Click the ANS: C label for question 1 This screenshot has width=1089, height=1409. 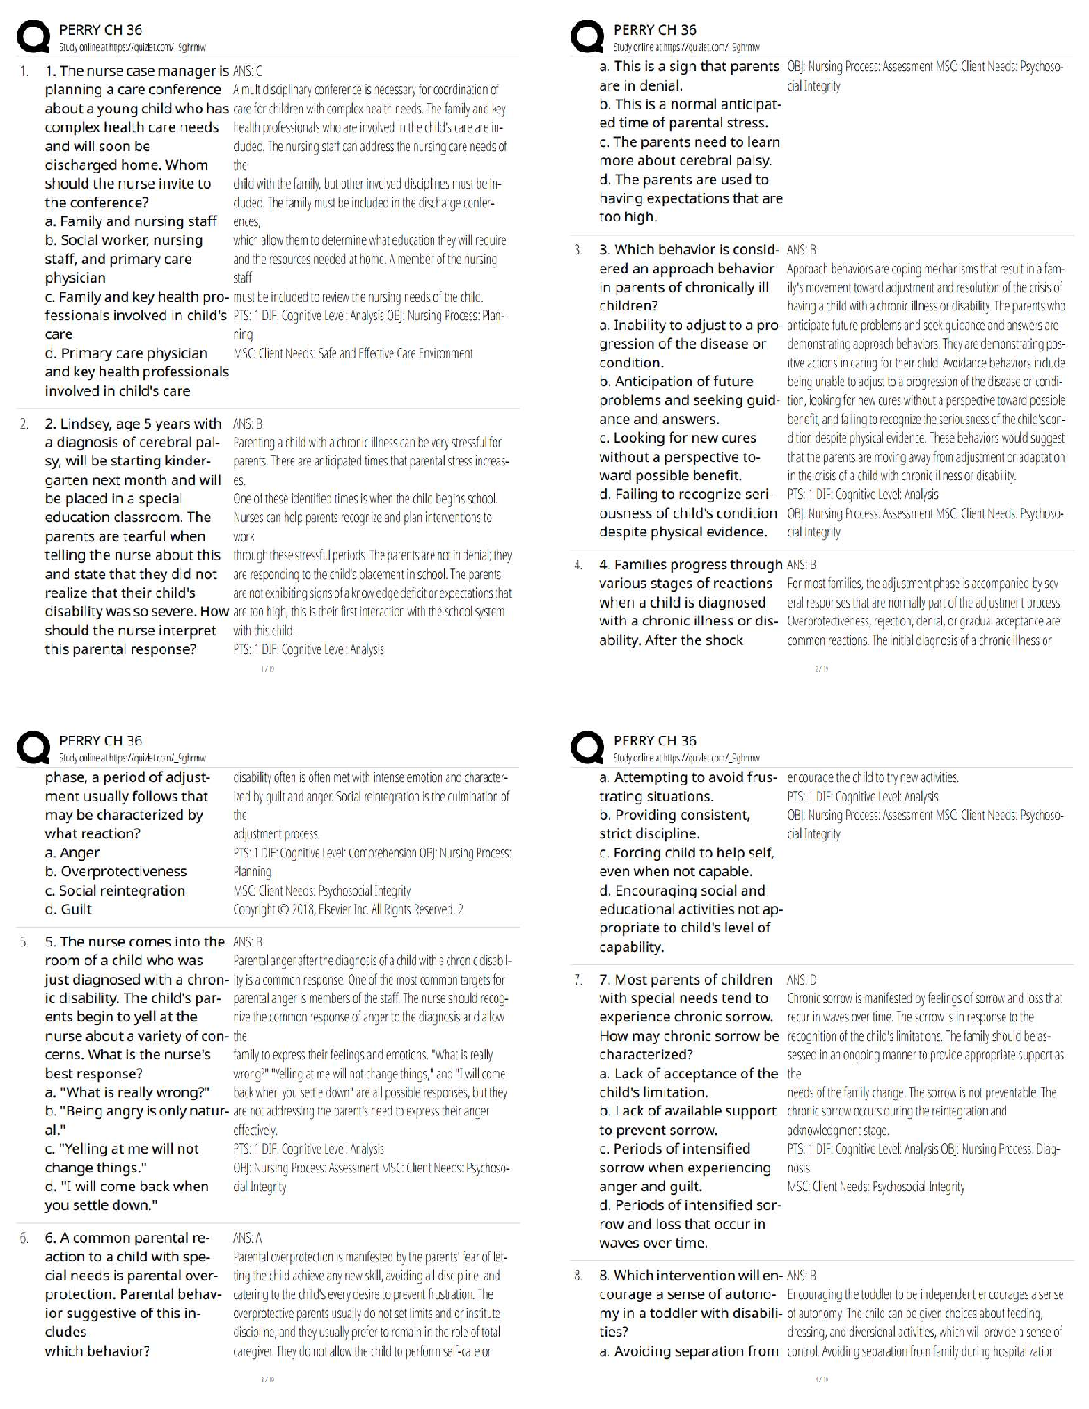246,71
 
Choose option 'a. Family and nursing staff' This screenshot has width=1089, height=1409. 131,221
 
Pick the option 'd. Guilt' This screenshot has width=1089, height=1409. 69,909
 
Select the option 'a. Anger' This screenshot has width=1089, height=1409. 72,853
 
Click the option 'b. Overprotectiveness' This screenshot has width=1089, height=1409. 116,872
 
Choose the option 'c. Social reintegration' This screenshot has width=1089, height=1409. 115,890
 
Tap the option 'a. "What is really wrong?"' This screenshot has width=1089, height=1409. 127,1092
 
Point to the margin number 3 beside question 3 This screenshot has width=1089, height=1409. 578,250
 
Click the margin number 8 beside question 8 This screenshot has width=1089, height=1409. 578,1276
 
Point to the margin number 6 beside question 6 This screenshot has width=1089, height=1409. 24,1238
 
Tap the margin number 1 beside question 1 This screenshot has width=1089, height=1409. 24,71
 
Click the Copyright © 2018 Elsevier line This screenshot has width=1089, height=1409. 347,909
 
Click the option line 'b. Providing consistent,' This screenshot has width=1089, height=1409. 674,815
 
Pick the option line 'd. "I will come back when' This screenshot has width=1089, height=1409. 127,1187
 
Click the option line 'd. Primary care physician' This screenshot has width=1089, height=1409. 126,353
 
